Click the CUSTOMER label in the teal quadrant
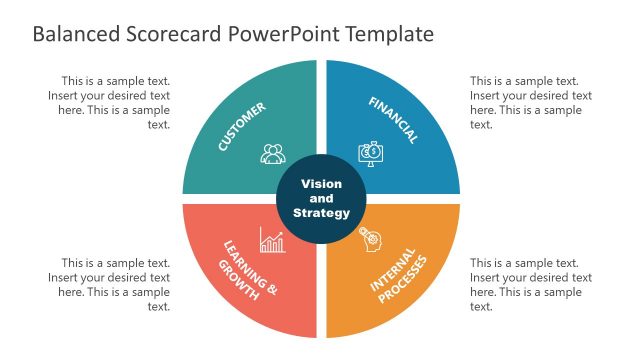[242, 127]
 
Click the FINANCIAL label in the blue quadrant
[393, 121]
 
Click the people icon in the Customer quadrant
[273, 154]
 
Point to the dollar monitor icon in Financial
[370, 153]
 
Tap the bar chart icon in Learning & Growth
[272, 239]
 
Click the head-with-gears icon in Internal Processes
[370, 237]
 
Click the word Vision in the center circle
[321, 184]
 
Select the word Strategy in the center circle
[321, 212]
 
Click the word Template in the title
[390, 34]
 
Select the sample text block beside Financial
[531, 103]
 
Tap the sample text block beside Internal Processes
[531, 285]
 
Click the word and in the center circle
[321, 198]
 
